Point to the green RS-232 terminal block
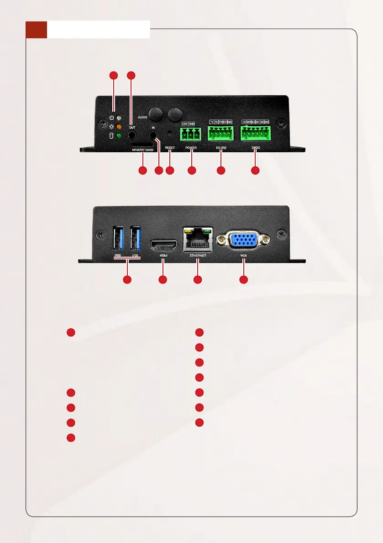click(220, 133)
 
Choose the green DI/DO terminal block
click(255, 133)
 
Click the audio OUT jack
click(131, 135)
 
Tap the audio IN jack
click(153, 135)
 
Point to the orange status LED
click(119, 127)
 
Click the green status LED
click(119, 136)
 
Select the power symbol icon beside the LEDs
click(111, 117)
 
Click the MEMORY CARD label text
click(142, 150)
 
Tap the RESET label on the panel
click(170, 148)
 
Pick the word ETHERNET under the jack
click(198, 256)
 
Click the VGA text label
click(244, 256)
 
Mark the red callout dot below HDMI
click(162, 279)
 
